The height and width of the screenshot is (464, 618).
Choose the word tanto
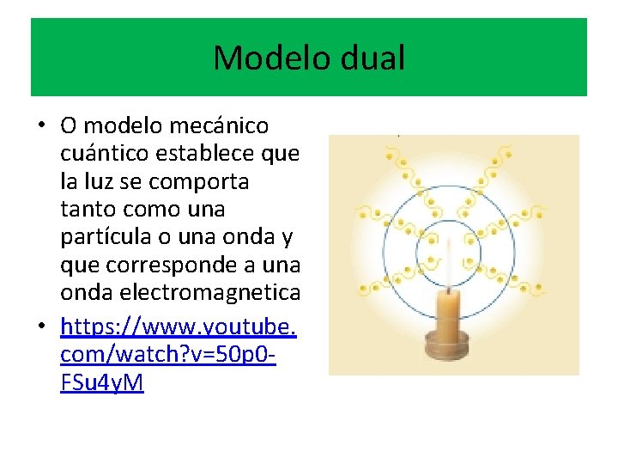tap(88, 210)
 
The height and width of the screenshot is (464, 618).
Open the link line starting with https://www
tap(179, 327)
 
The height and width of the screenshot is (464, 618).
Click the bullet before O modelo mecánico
tap(40, 126)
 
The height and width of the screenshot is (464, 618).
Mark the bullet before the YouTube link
tap(40, 327)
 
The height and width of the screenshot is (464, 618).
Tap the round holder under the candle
tap(448, 351)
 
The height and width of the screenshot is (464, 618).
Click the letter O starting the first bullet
tap(68, 126)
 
